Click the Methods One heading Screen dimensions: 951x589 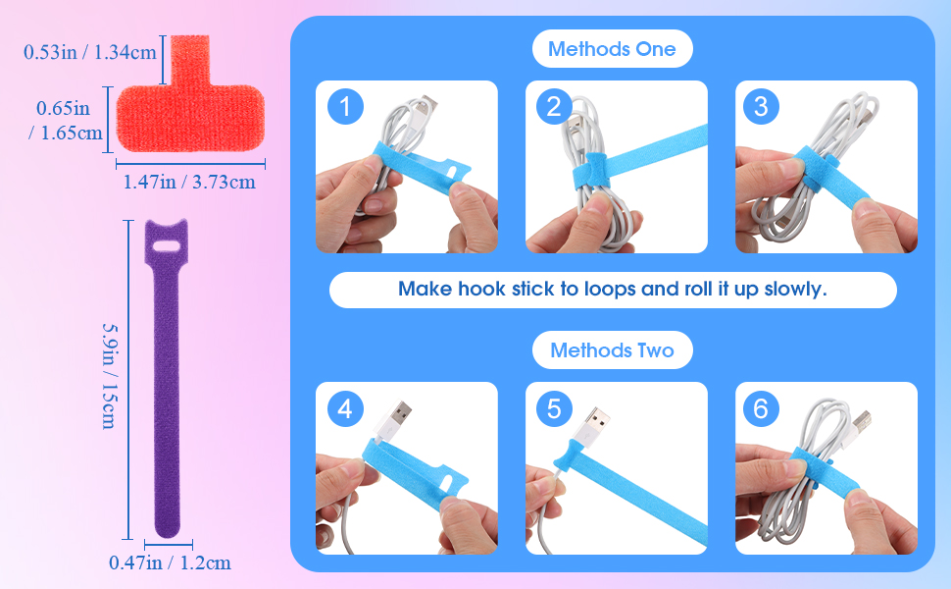(x=612, y=48)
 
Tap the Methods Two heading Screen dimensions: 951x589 (x=612, y=350)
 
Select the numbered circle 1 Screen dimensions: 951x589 (x=345, y=107)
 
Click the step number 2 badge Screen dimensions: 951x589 (x=554, y=107)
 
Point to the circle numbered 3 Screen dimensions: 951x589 (x=761, y=107)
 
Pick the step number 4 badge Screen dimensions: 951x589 (x=345, y=408)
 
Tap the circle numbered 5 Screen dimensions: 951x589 (x=554, y=408)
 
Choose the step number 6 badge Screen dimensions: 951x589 (x=761, y=408)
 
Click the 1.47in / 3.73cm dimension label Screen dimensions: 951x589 (x=189, y=182)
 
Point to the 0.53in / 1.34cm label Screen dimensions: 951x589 (x=90, y=52)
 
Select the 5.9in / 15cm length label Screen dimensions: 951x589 (x=109, y=376)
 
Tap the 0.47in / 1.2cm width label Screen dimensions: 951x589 (x=170, y=562)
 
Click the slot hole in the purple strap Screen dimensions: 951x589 (x=167, y=246)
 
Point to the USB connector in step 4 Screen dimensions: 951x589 (x=394, y=419)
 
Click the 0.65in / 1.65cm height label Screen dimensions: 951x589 (x=66, y=120)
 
